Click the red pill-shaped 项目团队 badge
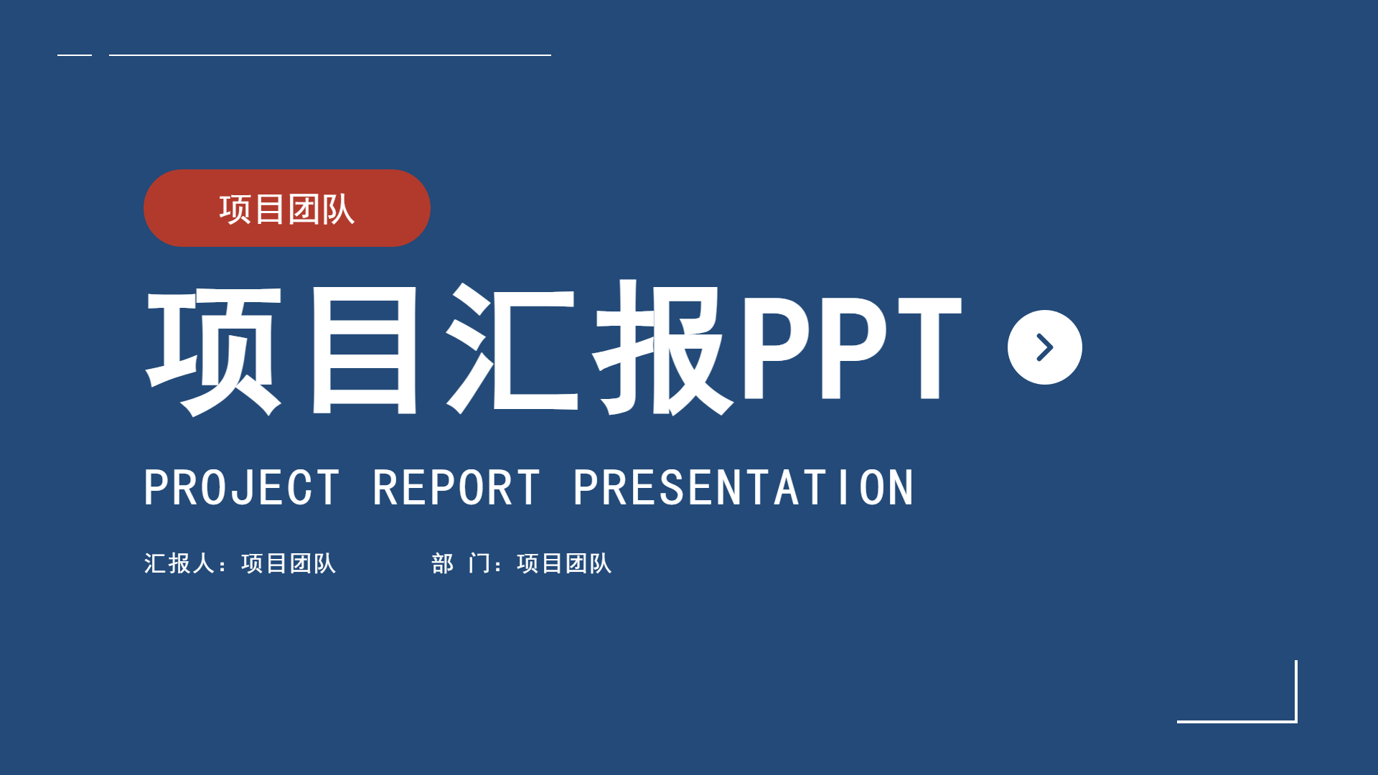(287, 208)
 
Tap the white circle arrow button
(1045, 347)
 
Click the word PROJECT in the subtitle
(242, 488)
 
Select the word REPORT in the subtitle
(456, 488)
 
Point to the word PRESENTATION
(743, 488)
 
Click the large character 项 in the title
(214, 350)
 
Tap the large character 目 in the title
(365, 350)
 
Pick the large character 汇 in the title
(512, 349)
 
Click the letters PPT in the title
(851, 347)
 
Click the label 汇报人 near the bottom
(179, 563)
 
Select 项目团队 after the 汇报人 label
(289, 563)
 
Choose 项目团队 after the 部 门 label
(564, 563)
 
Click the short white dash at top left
(75, 55)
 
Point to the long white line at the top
(330, 55)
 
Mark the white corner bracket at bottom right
(1296, 720)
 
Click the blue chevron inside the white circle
(1046, 347)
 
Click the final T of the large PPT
(929, 347)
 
